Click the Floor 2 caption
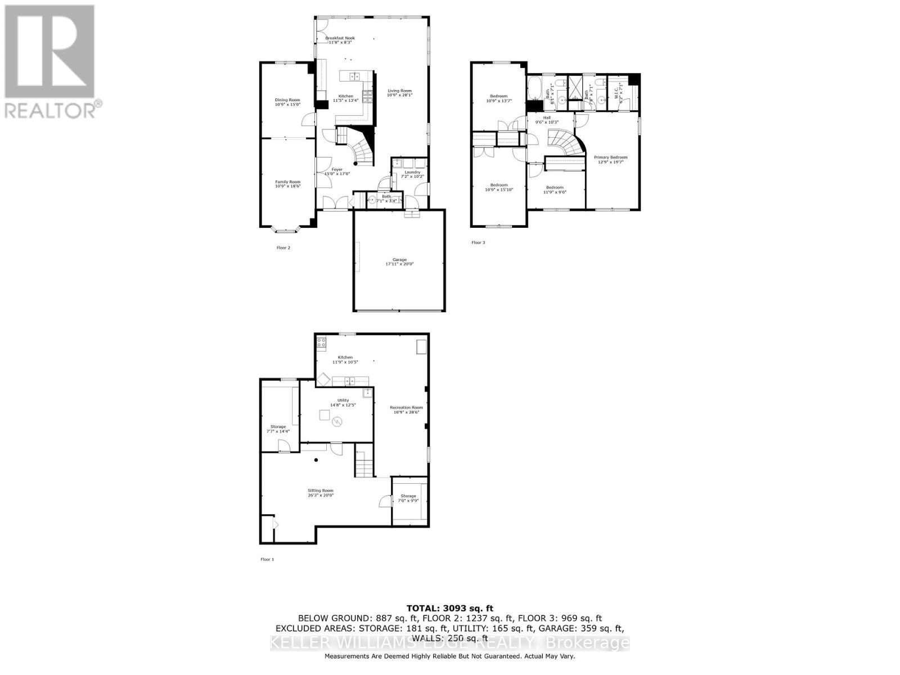(283, 247)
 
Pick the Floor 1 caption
(267, 559)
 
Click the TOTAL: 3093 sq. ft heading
(449, 607)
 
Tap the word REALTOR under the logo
(51, 110)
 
